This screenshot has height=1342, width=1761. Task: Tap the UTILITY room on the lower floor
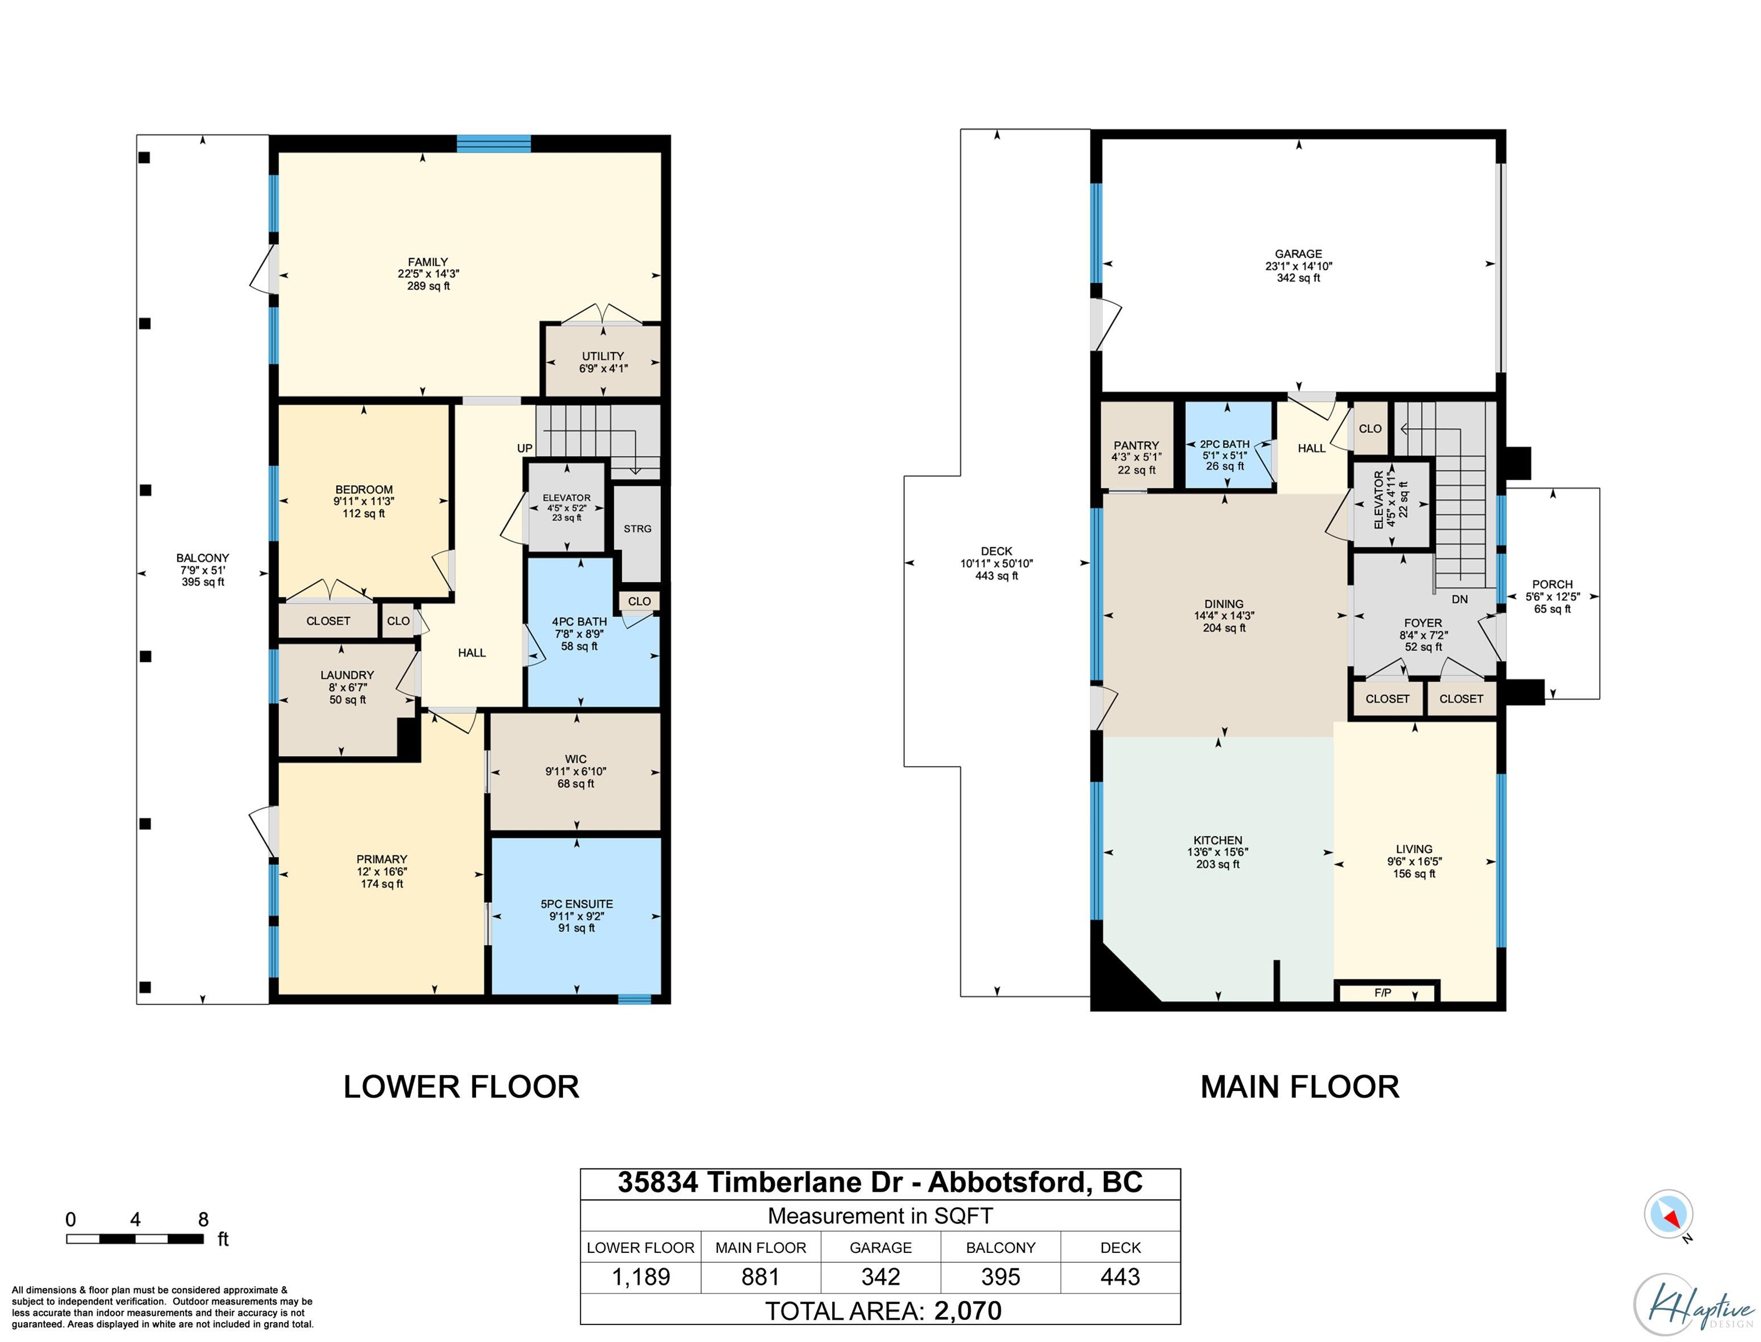[x=603, y=361]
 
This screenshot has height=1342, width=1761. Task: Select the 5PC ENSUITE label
[x=576, y=904]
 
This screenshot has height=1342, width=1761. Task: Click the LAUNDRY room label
[x=347, y=675]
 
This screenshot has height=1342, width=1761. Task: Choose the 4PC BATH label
[x=579, y=621]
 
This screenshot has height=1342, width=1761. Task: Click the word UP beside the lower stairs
[x=524, y=448]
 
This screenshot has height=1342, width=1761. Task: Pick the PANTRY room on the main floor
[x=1136, y=445]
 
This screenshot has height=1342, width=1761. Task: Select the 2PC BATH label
[x=1224, y=444]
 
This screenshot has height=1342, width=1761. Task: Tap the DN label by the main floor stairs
[x=1459, y=599]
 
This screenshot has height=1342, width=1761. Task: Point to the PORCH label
[x=1552, y=584]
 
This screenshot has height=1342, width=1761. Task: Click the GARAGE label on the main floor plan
[x=1298, y=254]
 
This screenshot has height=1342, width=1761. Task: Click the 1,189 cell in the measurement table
[x=641, y=1277]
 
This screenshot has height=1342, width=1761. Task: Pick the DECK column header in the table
[x=1120, y=1247]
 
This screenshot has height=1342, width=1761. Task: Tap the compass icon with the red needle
[x=1668, y=1214]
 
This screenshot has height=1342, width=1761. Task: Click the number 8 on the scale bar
[x=203, y=1220]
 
